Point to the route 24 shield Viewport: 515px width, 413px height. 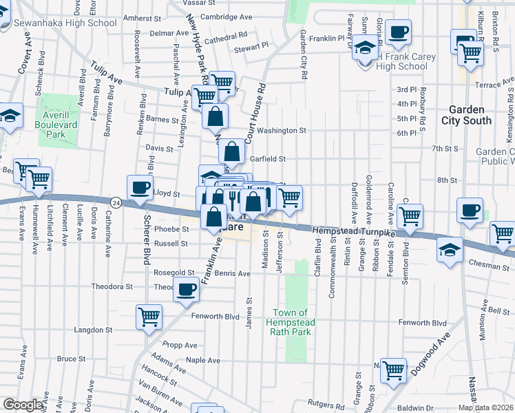pyautogui.click(x=116, y=202)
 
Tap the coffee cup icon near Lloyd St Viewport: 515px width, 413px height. pyautogui.click(x=140, y=188)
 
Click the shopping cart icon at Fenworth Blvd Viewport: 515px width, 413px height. pyautogui.click(x=149, y=317)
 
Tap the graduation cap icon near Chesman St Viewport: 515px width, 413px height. pyautogui.click(x=450, y=249)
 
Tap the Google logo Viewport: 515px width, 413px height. pyautogui.click(x=23, y=405)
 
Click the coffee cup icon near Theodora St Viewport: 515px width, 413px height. pyautogui.click(x=186, y=290)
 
